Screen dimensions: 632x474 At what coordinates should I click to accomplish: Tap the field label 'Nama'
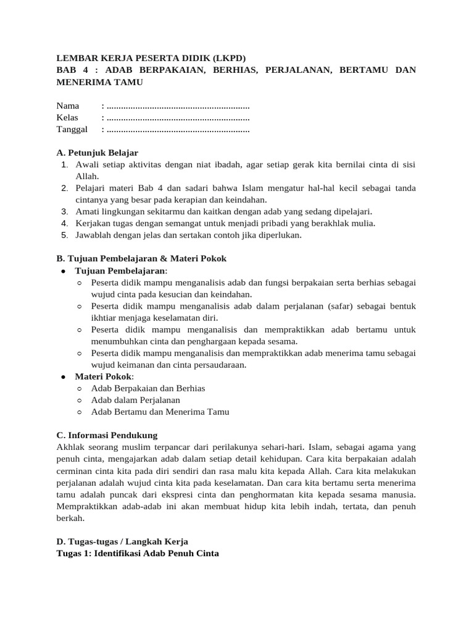click(68, 106)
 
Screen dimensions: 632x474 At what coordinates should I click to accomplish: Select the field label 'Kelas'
click(69, 117)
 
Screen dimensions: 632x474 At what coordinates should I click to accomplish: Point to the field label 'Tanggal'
click(72, 129)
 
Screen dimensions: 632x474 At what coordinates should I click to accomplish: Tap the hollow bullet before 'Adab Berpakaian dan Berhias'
click(80, 389)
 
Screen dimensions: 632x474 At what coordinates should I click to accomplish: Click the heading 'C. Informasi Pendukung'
click(107, 435)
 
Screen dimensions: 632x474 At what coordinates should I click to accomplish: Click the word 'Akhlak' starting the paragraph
click(70, 447)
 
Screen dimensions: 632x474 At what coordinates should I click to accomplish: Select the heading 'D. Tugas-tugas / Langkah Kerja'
click(122, 541)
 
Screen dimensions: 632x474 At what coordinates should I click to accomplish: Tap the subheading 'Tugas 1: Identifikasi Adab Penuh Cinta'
click(138, 553)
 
